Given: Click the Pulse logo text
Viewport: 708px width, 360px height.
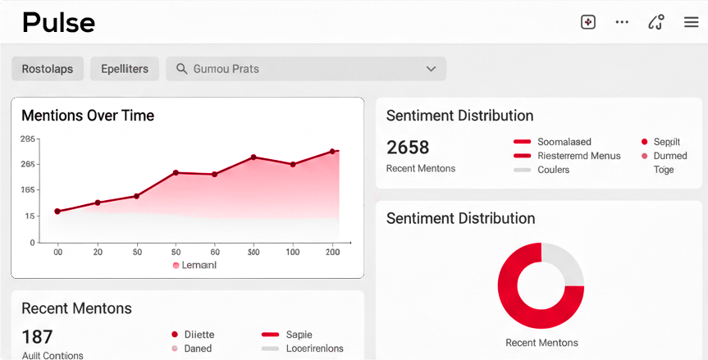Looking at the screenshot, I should tap(58, 22).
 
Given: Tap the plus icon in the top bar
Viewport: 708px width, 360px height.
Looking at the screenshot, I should tap(587, 22).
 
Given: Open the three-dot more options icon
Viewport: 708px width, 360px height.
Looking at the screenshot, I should tap(622, 22).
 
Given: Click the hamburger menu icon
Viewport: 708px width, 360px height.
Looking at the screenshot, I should tap(691, 22).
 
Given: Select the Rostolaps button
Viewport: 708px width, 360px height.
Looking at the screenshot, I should tap(47, 69).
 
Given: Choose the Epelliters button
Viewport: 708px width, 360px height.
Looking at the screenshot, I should tap(125, 69).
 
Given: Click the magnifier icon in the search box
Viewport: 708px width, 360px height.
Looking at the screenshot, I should tap(181, 69).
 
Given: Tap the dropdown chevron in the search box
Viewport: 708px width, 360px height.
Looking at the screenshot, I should tap(431, 69).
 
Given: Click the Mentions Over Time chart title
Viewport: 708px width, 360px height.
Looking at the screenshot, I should tap(88, 116).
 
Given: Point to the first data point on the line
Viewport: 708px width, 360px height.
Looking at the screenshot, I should tap(57, 212).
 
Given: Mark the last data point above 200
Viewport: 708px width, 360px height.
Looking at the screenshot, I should tap(332, 152).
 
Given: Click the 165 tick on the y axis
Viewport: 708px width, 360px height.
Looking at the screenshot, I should tap(28, 190).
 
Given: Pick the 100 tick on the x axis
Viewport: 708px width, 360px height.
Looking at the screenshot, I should tap(293, 253).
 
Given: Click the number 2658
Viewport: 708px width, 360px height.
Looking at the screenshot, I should tap(408, 148).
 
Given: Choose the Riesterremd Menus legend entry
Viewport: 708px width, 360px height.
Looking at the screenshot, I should tap(578, 156).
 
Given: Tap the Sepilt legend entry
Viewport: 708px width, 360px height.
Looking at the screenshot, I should tap(665, 142).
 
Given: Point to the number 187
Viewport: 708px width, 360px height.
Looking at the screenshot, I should tap(37, 337).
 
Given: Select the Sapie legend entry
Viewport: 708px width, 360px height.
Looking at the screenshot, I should tap(298, 335).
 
